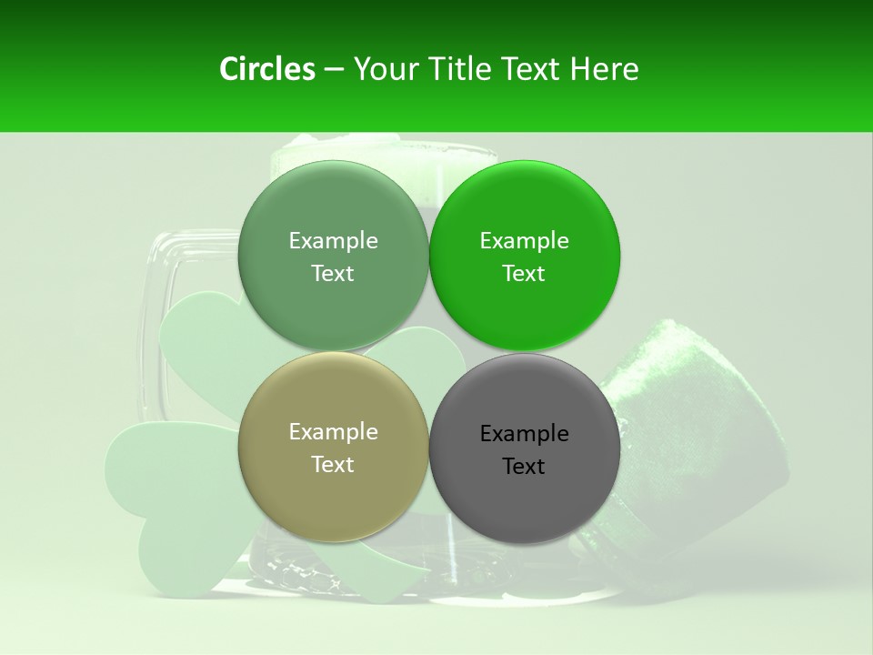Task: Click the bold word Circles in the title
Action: [x=267, y=69]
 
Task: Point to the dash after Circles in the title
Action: [x=334, y=70]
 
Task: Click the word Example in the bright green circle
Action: [x=524, y=241]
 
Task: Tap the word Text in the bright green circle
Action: [x=524, y=274]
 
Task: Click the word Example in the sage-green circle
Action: [x=333, y=241]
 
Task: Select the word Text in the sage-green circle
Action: [x=333, y=274]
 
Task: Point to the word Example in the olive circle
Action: [x=333, y=432]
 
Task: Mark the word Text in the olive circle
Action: [x=333, y=465]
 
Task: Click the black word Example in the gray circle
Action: [x=524, y=434]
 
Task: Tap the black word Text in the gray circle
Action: [x=524, y=467]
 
